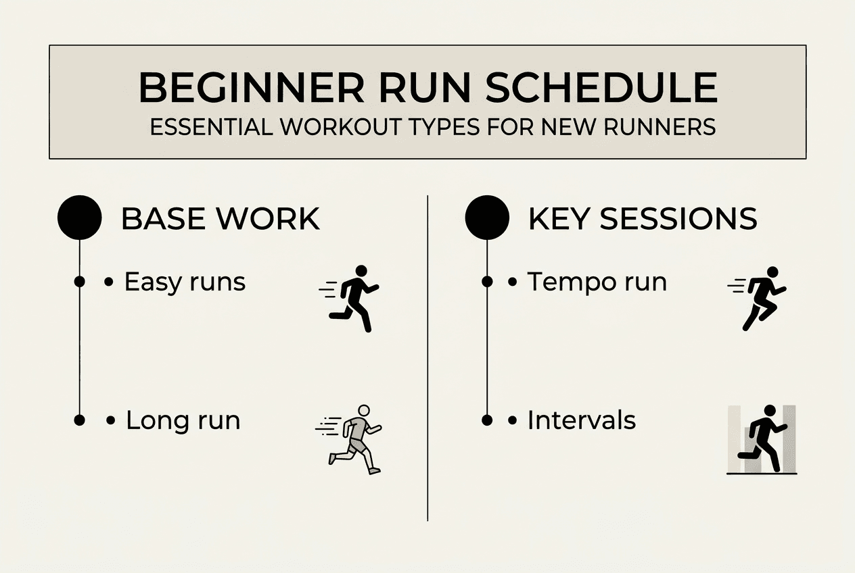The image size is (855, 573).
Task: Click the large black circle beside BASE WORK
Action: [x=79, y=218]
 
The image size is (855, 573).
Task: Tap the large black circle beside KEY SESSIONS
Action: [x=487, y=218]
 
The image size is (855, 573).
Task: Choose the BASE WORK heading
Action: [x=220, y=219]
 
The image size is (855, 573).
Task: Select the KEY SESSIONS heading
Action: [x=642, y=219]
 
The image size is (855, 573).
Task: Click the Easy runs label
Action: [x=185, y=282]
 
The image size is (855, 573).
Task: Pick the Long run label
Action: [x=183, y=420]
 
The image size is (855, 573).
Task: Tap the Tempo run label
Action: [x=597, y=282]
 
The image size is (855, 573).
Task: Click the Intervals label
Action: [x=581, y=420]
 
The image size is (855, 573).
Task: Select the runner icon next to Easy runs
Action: [x=351, y=298]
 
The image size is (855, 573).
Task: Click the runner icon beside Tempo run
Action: [x=760, y=298]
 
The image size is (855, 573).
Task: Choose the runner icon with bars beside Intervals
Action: [x=762, y=439]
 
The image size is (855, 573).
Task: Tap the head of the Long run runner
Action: [x=364, y=410]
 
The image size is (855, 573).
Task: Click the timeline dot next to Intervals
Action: [x=487, y=420]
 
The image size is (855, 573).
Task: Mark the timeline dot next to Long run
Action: [x=79, y=420]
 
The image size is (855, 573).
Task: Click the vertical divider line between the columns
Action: [x=428, y=358]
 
